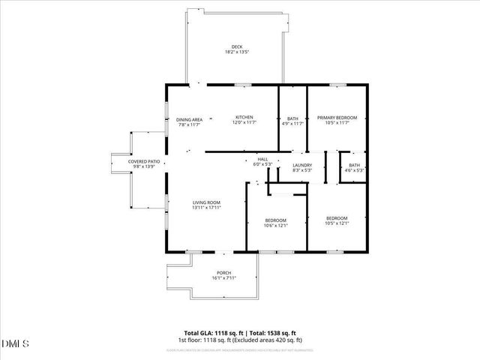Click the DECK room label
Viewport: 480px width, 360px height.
click(237, 46)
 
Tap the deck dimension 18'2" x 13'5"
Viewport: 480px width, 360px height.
click(237, 52)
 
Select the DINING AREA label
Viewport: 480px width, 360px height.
click(190, 119)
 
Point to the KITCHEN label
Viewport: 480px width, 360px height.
click(244, 118)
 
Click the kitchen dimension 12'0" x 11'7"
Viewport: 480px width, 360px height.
click(244, 123)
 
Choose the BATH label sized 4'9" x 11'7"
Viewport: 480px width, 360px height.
click(292, 118)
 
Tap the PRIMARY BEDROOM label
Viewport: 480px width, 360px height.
click(337, 118)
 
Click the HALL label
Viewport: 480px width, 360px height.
click(262, 159)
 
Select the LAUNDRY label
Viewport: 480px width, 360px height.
click(302, 165)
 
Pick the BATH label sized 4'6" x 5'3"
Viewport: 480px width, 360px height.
click(354, 165)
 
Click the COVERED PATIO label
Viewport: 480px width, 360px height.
click(143, 161)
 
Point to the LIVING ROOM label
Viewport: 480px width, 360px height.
click(206, 202)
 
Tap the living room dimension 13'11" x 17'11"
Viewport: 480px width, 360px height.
click(206, 208)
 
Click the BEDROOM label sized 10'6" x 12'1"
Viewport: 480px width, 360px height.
click(275, 220)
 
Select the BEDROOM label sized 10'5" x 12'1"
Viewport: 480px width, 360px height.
click(337, 217)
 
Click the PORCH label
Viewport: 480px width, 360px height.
click(223, 272)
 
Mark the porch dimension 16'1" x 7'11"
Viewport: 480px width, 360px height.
click(223, 278)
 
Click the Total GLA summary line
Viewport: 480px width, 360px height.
click(240, 333)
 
